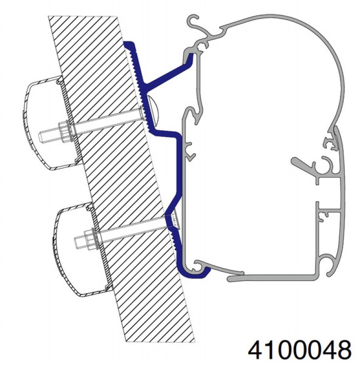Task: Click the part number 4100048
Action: click(x=299, y=350)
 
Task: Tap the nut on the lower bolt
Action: click(x=91, y=238)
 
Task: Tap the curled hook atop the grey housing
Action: click(x=194, y=21)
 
